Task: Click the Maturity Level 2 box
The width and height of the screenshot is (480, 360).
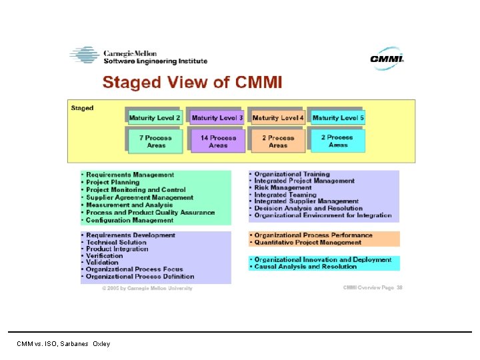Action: [155, 118]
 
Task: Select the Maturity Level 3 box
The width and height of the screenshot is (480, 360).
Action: [217, 118]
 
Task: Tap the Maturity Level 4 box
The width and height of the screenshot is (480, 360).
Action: [278, 118]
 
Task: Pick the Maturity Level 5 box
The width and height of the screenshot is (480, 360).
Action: [338, 118]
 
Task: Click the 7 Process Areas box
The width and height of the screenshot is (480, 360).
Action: [155, 141]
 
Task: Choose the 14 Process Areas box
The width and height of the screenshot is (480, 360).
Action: [218, 141]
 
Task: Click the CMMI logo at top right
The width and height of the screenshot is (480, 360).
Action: [387, 59]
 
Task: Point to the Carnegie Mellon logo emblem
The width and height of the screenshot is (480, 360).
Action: [84, 55]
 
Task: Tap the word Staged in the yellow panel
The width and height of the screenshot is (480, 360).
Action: [83, 108]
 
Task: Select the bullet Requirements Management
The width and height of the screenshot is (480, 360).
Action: [130, 175]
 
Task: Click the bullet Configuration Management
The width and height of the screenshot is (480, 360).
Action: [129, 220]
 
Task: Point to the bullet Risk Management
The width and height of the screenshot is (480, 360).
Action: [283, 188]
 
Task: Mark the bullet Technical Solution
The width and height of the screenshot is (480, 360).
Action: [116, 242]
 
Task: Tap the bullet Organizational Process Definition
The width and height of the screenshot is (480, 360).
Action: [140, 276]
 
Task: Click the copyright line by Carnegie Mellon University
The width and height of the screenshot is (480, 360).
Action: [147, 289]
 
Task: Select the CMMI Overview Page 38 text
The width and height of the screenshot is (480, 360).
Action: [373, 288]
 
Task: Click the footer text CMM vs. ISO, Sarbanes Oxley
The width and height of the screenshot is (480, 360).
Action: [64, 344]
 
